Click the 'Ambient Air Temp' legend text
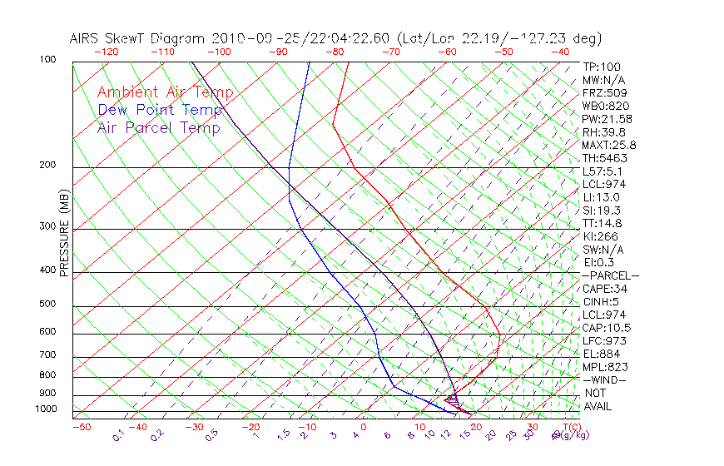tap(166, 92)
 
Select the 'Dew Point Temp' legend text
tap(160, 110)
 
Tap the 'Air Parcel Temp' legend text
tap(159, 127)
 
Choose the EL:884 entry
tap(601, 354)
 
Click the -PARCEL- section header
tap(611, 275)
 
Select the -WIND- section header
tap(605, 379)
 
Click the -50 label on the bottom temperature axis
tap(81, 427)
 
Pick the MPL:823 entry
tap(604, 367)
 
